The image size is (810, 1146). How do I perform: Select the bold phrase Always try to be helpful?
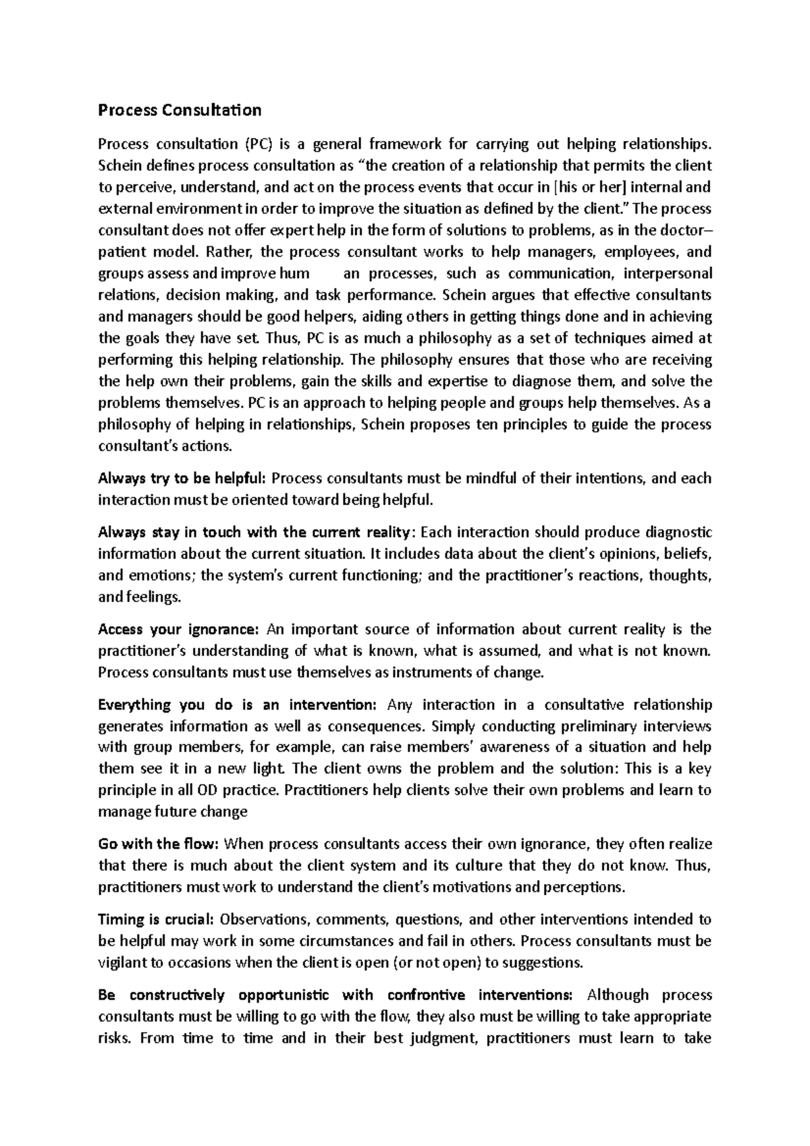tap(183, 479)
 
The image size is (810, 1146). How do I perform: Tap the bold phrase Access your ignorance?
tap(178, 630)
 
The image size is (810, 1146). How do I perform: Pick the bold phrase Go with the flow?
tap(159, 844)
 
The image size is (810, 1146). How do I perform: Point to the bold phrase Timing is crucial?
tap(156, 919)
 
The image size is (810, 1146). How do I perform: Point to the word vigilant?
tap(121, 962)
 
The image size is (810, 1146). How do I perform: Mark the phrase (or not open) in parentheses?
tap(435, 962)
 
